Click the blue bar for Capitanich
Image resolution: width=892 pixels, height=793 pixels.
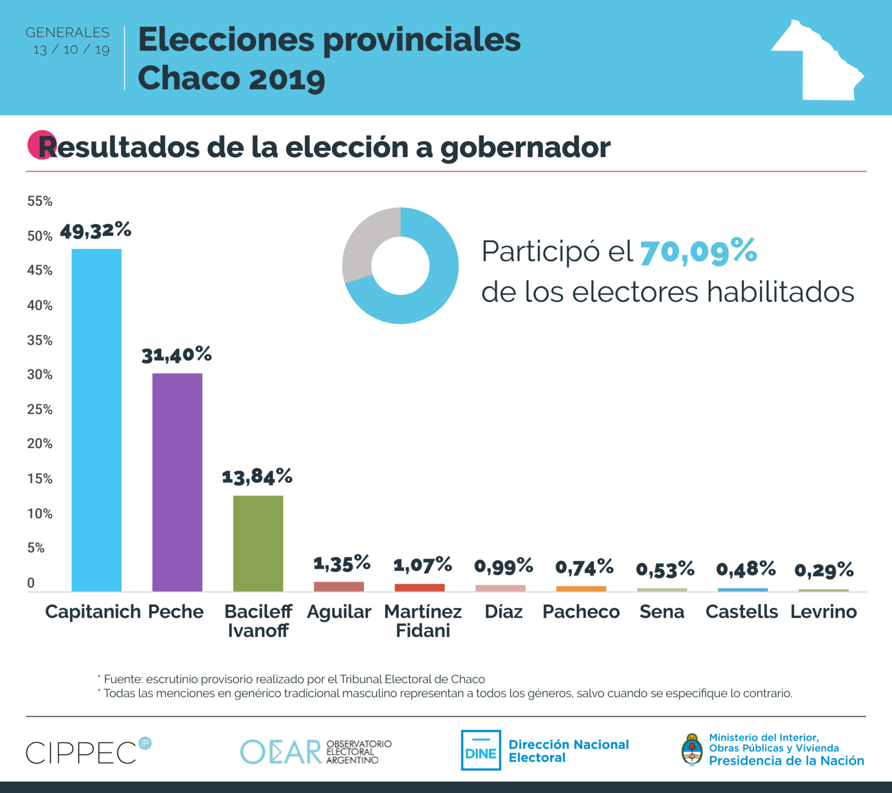click(x=96, y=420)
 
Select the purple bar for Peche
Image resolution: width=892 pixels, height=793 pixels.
click(x=177, y=482)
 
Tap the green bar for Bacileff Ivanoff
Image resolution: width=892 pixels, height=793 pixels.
click(x=258, y=543)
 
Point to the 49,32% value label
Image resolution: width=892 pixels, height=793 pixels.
click(x=95, y=230)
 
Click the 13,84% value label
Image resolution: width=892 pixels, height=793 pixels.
click(x=257, y=476)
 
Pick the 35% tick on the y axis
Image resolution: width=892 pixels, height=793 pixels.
click(x=40, y=341)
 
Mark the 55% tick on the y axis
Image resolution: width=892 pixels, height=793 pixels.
click(x=40, y=201)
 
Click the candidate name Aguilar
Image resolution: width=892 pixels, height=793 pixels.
click(x=339, y=612)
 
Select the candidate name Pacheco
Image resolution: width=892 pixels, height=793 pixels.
click(x=581, y=612)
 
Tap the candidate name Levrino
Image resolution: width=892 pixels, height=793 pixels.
click(x=823, y=612)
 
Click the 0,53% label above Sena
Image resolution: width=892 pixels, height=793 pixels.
click(x=665, y=569)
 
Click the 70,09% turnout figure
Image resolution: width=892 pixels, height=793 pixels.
click(x=698, y=251)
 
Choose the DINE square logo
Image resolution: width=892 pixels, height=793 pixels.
click(x=481, y=750)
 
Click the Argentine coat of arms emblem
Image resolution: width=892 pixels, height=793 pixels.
click(x=692, y=750)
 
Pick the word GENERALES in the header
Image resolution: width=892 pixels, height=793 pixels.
click(x=68, y=33)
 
